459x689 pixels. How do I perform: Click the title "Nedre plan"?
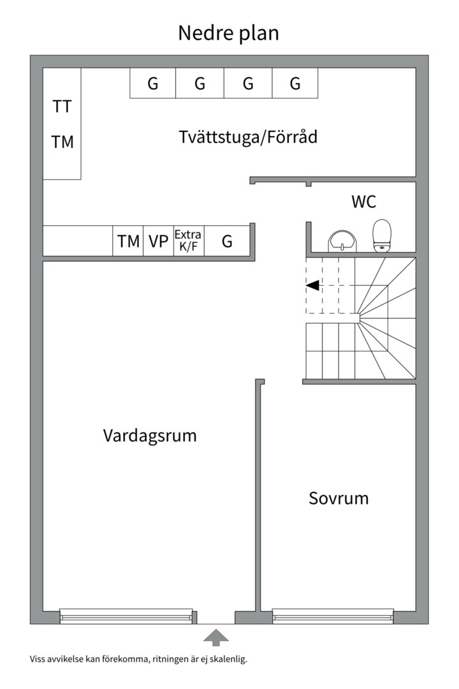(x=228, y=33)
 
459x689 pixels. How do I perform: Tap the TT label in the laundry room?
(x=62, y=107)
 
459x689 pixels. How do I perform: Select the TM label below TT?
(x=62, y=142)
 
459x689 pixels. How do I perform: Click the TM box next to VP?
(x=128, y=241)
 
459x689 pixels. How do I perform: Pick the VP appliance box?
(x=158, y=241)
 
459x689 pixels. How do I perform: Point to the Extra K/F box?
(x=189, y=241)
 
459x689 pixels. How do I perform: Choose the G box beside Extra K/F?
(x=227, y=241)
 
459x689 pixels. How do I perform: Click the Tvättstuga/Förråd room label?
(x=248, y=137)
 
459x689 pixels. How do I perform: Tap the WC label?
(x=363, y=202)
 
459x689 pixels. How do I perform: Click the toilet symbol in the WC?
(x=382, y=236)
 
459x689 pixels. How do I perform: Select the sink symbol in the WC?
(x=343, y=242)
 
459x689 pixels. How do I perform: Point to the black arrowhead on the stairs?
(x=312, y=285)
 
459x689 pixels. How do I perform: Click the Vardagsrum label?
(x=150, y=436)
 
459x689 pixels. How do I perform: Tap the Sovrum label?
(x=339, y=498)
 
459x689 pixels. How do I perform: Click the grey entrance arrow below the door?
(x=216, y=637)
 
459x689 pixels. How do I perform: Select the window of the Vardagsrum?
(x=126, y=616)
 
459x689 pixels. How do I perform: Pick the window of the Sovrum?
(x=332, y=616)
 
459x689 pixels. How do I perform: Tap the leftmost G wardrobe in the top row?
(x=153, y=84)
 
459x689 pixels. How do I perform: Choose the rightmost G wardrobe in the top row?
(x=295, y=84)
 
